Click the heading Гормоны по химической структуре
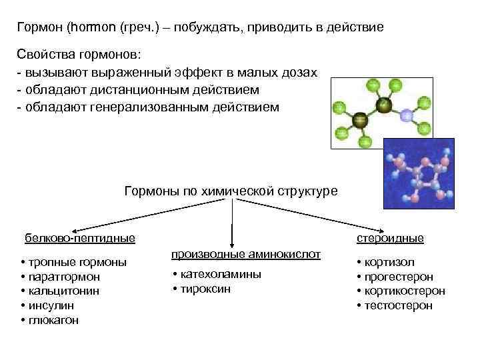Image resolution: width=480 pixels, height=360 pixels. tap(231, 191)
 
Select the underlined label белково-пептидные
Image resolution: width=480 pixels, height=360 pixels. tap(80, 238)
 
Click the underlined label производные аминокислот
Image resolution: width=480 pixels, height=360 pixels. tap(246, 255)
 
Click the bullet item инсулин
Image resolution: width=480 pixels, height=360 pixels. tap(50, 305)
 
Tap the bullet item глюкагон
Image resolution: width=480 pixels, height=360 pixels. tap(53, 320)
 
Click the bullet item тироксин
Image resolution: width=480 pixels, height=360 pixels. tap(204, 289)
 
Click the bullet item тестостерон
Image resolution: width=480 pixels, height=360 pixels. tap(397, 305)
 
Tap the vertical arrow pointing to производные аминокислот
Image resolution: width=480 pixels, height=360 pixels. tap(231, 227)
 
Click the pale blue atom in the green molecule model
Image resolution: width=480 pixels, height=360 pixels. tap(407, 116)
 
